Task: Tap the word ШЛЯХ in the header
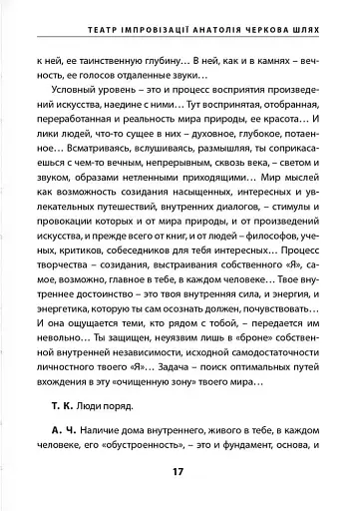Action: click(x=325, y=17)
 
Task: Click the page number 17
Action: click(x=180, y=473)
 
